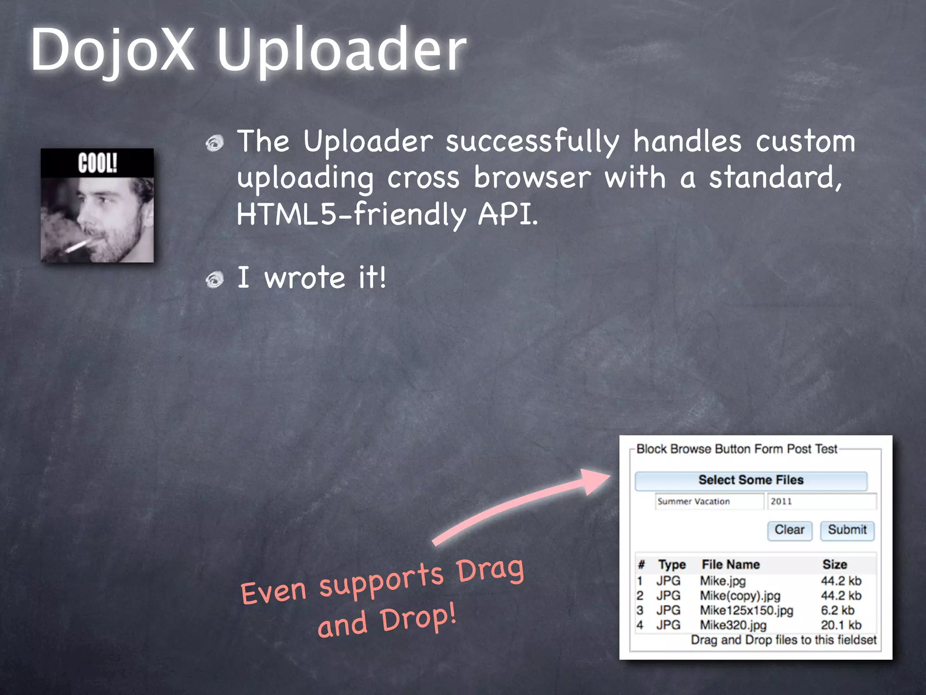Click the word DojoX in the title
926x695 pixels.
tap(113, 50)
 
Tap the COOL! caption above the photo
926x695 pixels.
tap(97, 163)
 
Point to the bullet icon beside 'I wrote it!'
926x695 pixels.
tap(215, 280)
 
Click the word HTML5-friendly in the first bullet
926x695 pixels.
tap(351, 214)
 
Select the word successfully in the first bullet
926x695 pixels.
tap(532, 141)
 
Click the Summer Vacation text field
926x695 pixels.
tap(709, 501)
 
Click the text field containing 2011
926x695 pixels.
tap(821, 501)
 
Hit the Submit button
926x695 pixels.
tap(847, 530)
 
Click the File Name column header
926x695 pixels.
tap(730, 564)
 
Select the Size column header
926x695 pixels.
tap(835, 564)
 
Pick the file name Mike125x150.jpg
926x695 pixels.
tap(746, 610)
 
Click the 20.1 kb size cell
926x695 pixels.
tap(841, 625)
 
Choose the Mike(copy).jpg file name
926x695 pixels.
tap(740, 595)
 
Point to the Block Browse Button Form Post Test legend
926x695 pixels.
tap(737, 449)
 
